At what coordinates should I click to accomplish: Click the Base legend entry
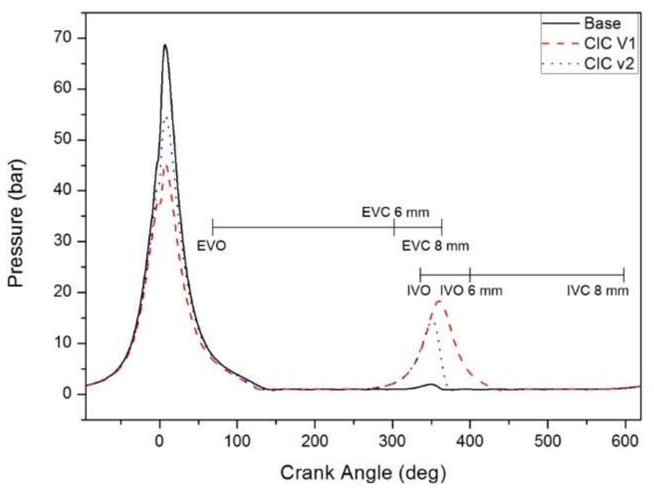pyautogui.click(x=602, y=24)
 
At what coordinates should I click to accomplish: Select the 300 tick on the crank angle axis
pyautogui.click(x=392, y=440)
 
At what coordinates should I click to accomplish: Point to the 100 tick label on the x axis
pyautogui.click(x=237, y=440)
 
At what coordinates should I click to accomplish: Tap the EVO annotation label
pyautogui.click(x=211, y=246)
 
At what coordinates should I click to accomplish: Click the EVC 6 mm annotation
pyautogui.click(x=395, y=212)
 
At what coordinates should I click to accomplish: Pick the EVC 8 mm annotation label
pyautogui.click(x=435, y=246)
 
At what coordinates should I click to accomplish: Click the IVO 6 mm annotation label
pyautogui.click(x=471, y=291)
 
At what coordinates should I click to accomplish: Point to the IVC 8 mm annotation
pyautogui.click(x=598, y=291)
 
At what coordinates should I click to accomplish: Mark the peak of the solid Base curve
pyautogui.click(x=165, y=45)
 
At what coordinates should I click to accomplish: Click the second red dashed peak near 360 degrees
pyautogui.click(x=439, y=301)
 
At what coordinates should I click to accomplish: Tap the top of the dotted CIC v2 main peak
pyautogui.click(x=167, y=117)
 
